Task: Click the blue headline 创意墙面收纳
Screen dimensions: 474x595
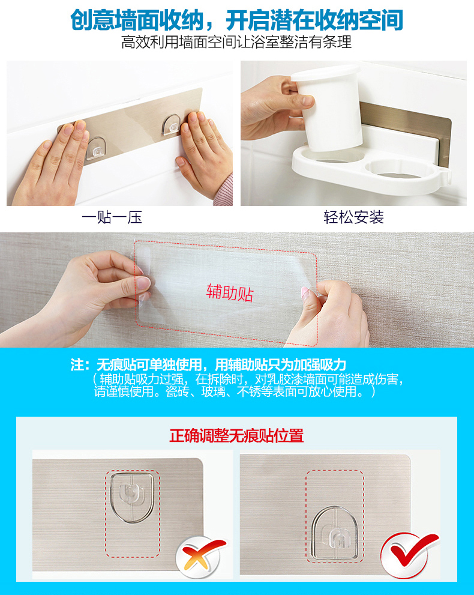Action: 137,20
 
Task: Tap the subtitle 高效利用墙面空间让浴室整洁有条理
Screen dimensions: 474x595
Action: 236,42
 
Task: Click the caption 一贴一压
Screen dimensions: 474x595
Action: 112,217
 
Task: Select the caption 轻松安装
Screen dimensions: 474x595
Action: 353,217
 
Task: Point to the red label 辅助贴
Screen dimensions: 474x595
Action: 230,292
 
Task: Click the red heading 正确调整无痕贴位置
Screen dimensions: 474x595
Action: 236,436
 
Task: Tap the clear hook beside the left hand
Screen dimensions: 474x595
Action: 96,147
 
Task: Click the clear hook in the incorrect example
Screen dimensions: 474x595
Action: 131,498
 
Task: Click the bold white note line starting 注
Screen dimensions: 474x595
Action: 208,364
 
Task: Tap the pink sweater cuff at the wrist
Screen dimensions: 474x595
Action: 224,190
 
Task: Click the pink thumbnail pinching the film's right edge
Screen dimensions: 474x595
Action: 304,292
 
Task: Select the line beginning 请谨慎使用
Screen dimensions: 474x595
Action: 235,391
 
